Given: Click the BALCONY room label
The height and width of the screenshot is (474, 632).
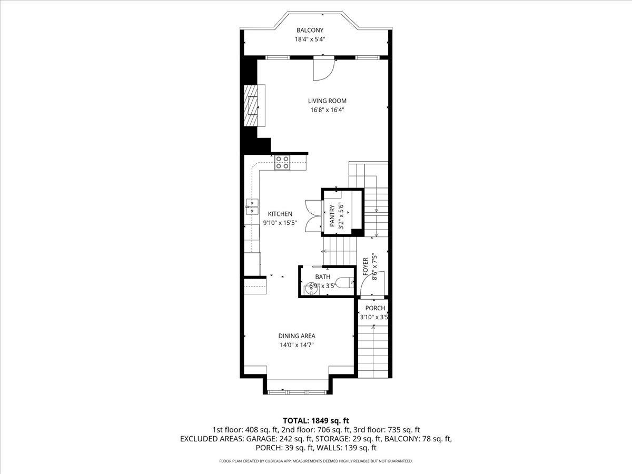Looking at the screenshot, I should pos(310,30).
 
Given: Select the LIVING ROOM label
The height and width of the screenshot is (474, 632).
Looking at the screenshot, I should pos(328,101).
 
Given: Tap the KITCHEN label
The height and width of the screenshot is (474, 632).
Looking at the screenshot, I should pos(280,214).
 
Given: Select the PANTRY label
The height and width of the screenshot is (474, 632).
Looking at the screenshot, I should pos(332,216).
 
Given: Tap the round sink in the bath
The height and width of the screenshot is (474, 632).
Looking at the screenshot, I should pos(309,288).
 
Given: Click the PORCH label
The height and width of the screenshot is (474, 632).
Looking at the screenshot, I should pos(376,308).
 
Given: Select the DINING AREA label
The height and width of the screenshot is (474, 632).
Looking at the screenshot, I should pos(297,335).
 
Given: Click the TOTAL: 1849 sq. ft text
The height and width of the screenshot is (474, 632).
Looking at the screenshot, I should pos(316,420).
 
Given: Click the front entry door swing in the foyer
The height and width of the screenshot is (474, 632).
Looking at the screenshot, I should pos(376,283).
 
